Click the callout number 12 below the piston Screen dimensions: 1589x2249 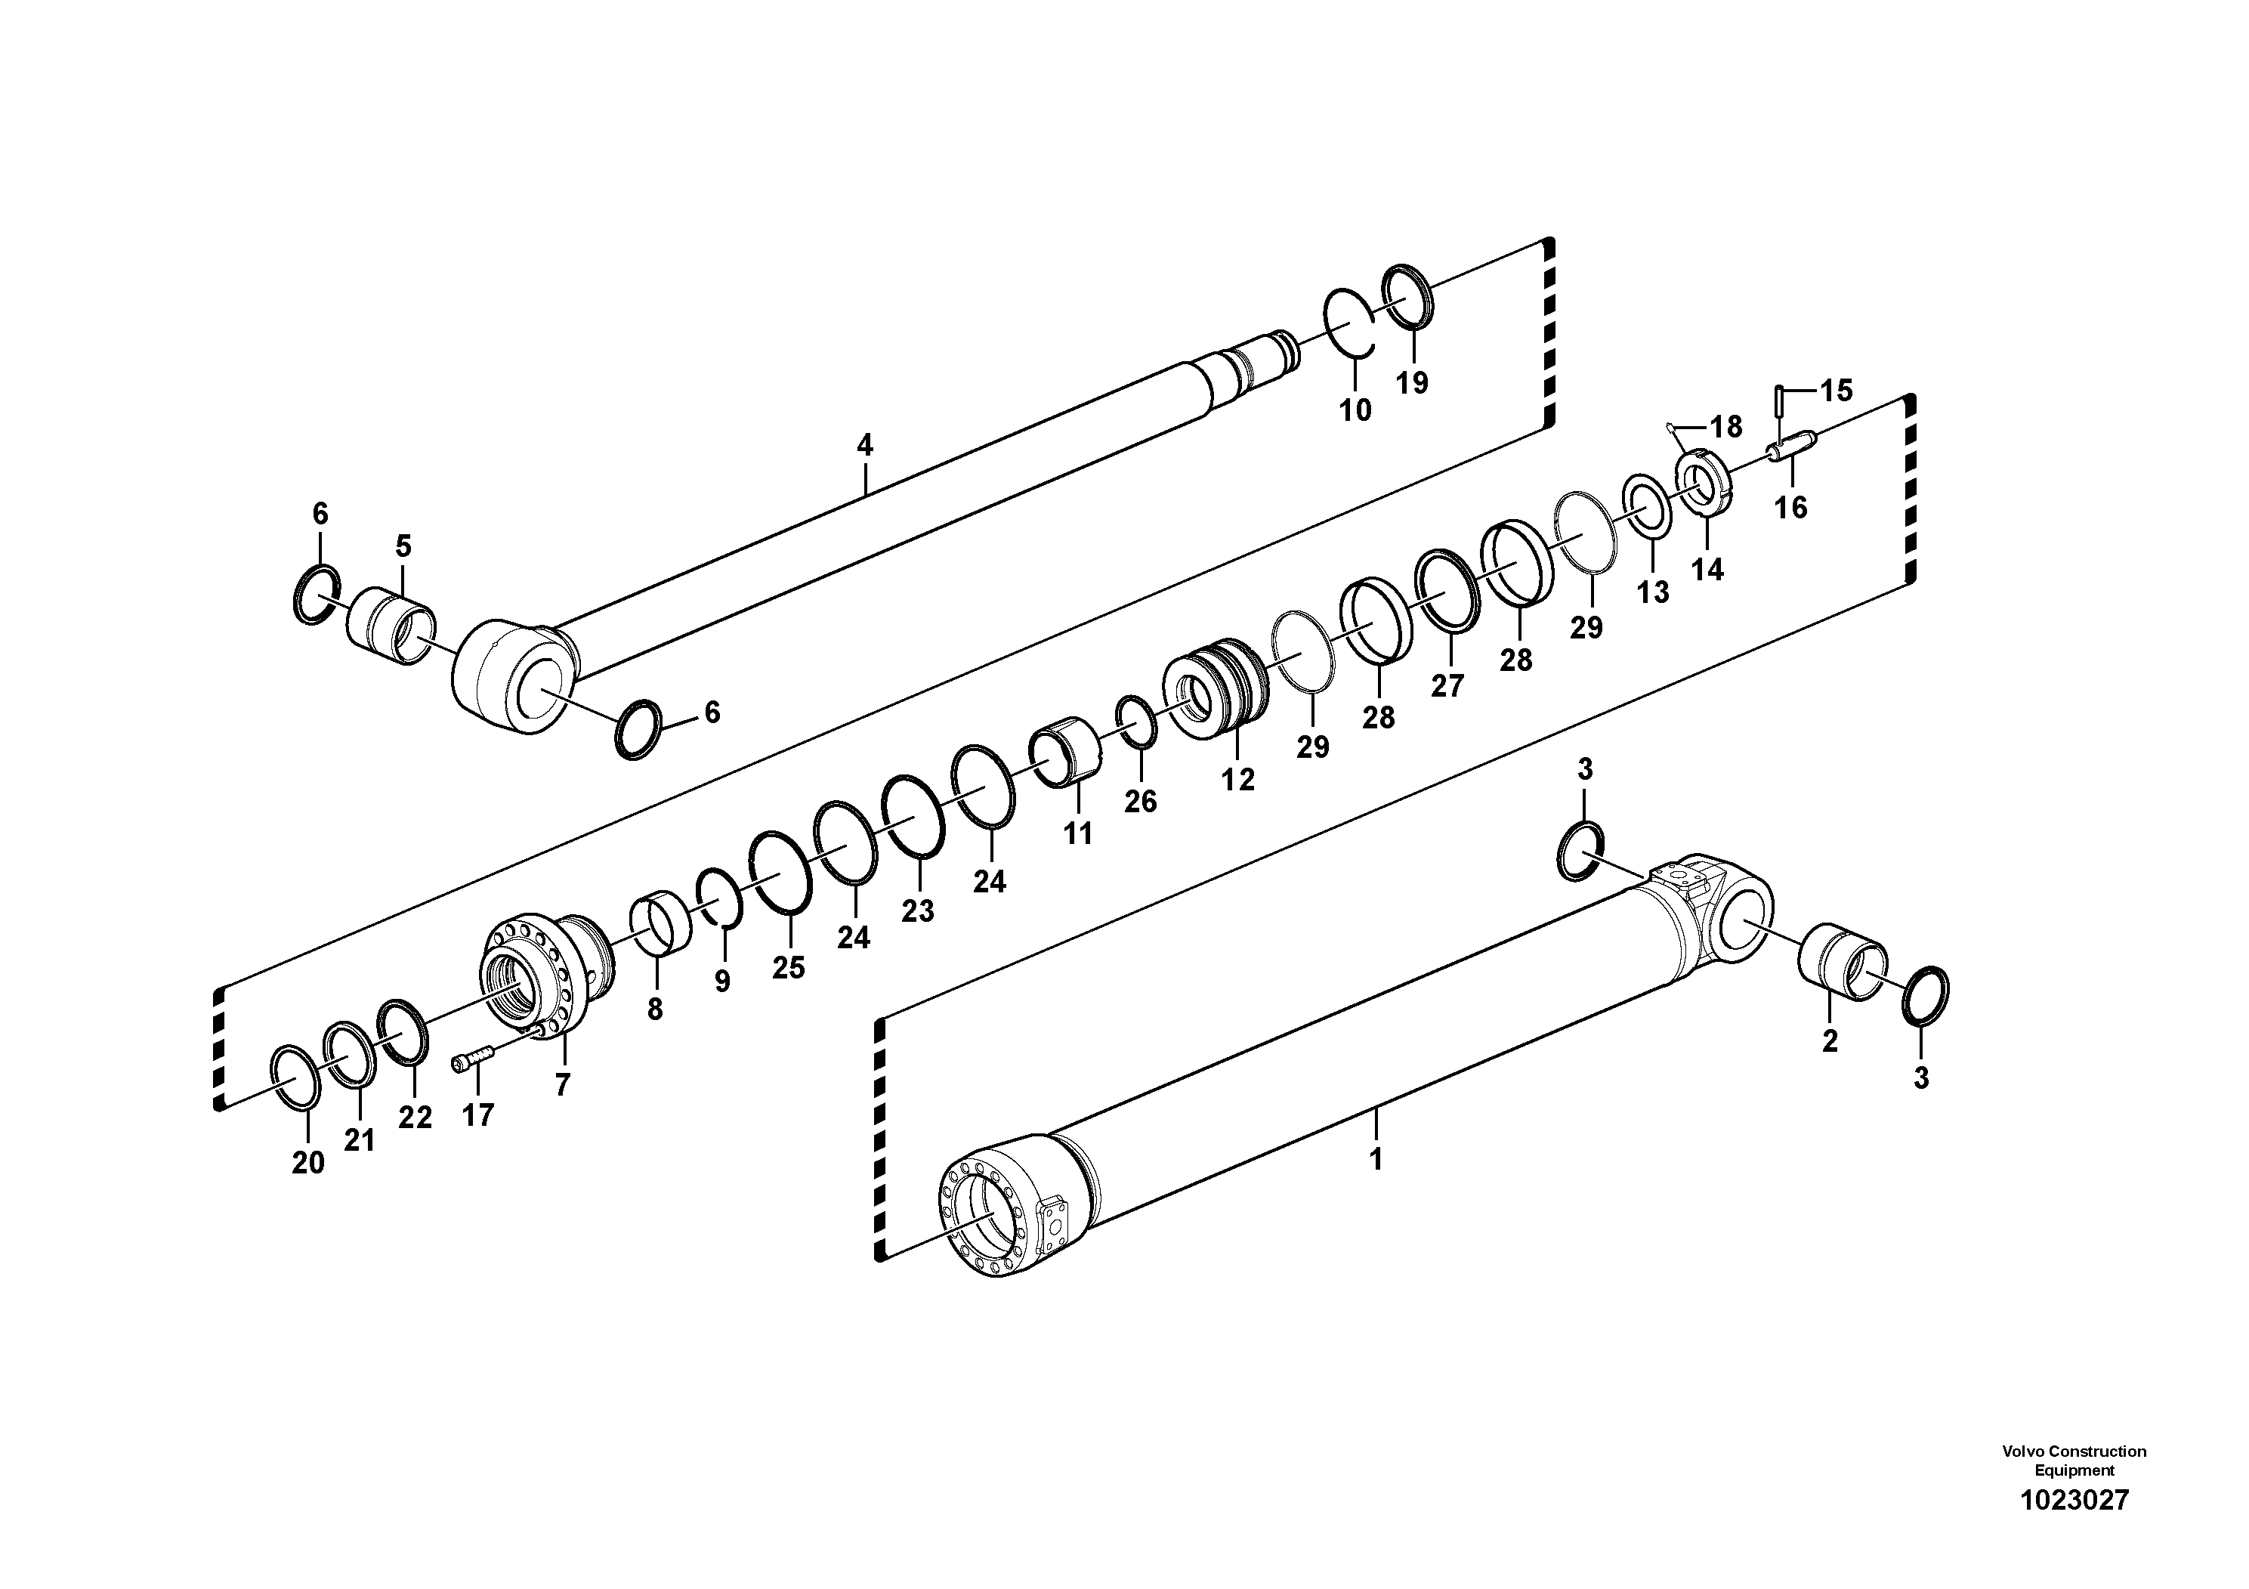pos(1237,780)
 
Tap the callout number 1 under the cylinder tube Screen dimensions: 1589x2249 pos(1376,1159)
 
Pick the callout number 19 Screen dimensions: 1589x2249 pos(1411,382)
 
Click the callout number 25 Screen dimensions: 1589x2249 pos(789,968)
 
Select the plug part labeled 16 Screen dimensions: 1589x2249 pos(1791,450)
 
